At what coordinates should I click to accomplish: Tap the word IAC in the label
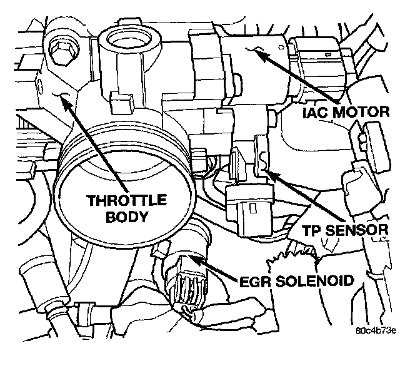click(x=316, y=113)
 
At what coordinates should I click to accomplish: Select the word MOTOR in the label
click(x=361, y=113)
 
